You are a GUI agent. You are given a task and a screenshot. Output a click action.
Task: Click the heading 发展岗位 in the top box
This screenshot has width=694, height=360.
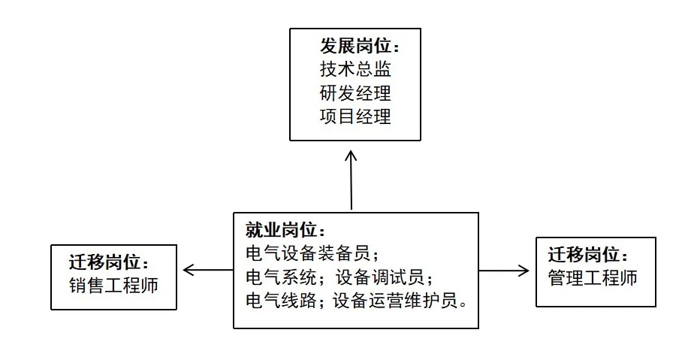point(355,47)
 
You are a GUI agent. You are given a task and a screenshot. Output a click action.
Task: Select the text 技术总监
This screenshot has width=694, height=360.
point(355,70)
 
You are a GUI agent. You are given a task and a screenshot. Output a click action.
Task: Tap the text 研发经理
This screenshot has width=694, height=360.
point(355,94)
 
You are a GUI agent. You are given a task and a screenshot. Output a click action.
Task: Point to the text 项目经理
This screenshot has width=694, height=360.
point(355,117)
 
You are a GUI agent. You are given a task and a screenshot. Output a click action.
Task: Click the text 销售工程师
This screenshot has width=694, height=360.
point(113,286)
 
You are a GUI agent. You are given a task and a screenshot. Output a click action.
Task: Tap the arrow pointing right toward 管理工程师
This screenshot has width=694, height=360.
point(504,269)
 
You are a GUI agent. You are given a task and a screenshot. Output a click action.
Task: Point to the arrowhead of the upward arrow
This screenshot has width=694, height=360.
point(351,155)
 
